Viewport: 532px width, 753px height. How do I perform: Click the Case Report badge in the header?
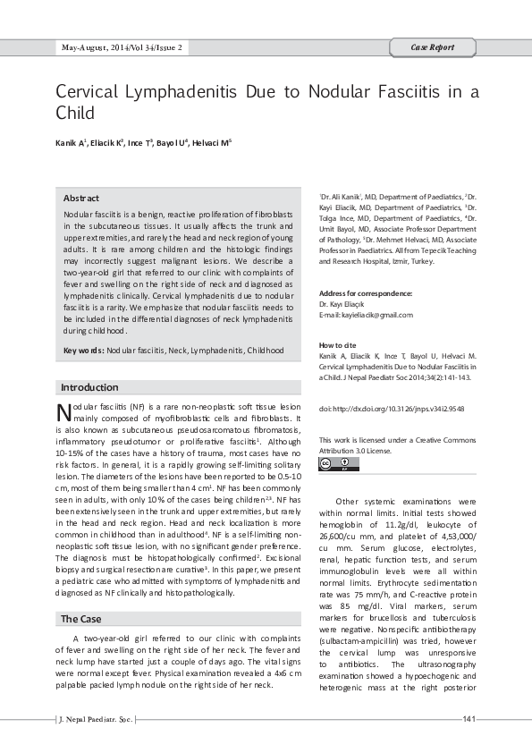tap(432, 47)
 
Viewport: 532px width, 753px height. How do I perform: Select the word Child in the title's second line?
tap(75, 114)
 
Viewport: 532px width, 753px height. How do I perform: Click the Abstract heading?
tap(81, 198)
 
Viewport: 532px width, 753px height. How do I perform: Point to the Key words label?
tap(83, 351)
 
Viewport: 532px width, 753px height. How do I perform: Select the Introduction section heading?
tap(89, 387)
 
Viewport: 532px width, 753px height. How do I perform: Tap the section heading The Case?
tap(80, 619)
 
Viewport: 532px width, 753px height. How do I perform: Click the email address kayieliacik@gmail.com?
tap(366, 315)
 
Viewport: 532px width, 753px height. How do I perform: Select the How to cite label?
tap(337, 345)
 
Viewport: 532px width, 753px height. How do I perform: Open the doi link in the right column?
tap(390, 409)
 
